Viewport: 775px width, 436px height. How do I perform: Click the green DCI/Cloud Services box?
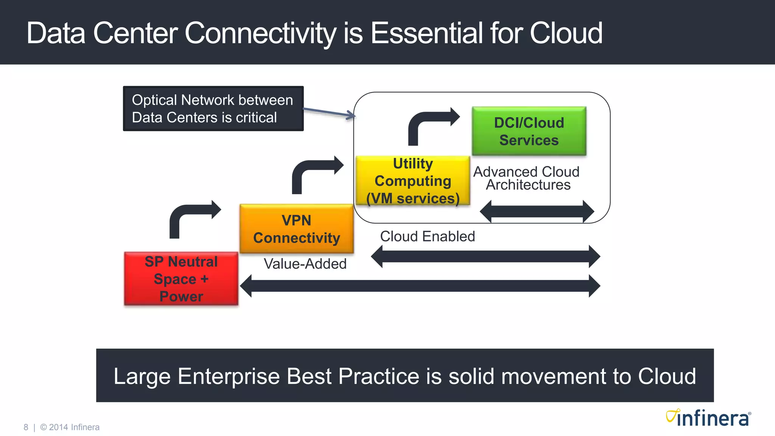[x=529, y=131]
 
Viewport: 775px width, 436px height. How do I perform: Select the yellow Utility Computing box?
[x=412, y=181]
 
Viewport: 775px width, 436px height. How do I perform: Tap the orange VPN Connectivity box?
[x=296, y=229]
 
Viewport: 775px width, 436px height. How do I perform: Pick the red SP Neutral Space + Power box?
[x=181, y=279]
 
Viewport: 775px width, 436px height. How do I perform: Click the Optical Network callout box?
[x=213, y=109]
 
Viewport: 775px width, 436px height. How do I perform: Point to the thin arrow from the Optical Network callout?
[x=328, y=112]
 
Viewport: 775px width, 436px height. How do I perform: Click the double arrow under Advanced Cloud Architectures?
[x=537, y=212]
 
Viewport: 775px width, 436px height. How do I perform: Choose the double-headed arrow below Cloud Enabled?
[x=485, y=256]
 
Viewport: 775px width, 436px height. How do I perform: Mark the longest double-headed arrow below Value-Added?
[x=420, y=286]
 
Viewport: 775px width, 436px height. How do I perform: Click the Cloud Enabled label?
[x=427, y=237]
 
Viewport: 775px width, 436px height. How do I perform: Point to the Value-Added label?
[x=305, y=264]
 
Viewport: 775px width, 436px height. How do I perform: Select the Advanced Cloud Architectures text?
[x=526, y=178]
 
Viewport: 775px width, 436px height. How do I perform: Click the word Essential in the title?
[x=426, y=33]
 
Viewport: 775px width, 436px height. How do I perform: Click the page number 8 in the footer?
[x=26, y=427]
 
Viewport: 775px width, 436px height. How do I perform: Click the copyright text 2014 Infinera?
[x=74, y=427]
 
